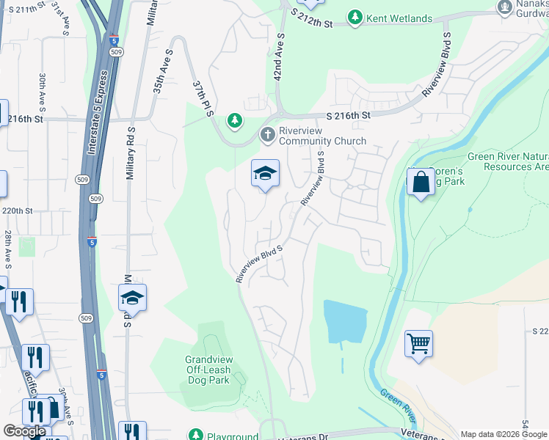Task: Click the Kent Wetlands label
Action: [x=400, y=17]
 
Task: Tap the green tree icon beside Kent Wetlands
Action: [x=356, y=17]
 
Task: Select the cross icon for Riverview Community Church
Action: [x=266, y=135]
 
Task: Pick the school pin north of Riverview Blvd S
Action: [x=265, y=174]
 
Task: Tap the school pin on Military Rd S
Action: [x=132, y=298]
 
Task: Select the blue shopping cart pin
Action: [x=418, y=342]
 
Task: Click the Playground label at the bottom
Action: [x=232, y=435]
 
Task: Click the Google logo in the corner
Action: [x=24, y=430]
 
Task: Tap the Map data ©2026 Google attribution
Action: [x=503, y=434]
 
